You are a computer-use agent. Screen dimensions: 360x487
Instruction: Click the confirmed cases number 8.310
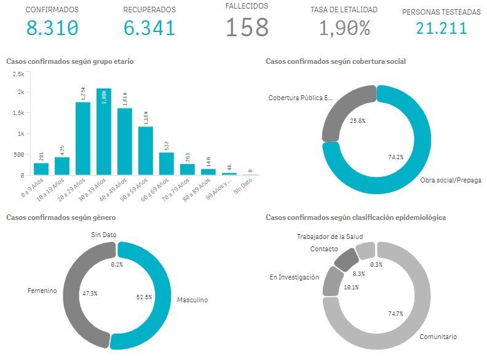point(52,28)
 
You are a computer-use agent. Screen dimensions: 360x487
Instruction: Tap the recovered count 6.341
point(149,28)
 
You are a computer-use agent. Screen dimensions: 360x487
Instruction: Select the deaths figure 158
point(247,28)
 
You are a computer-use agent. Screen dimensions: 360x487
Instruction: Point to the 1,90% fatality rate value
point(344,28)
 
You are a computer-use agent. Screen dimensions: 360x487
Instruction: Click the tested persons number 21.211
point(441,28)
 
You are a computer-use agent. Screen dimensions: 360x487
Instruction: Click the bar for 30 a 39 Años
point(104,131)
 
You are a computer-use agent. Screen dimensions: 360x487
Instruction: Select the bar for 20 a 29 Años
point(83,138)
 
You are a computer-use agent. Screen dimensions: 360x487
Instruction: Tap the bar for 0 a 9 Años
point(41,169)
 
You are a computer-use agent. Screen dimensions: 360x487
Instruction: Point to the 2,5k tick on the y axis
point(17,74)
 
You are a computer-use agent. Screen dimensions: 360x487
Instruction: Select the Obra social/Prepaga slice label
point(450,180)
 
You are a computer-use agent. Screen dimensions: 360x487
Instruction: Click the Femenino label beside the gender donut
point(42,291)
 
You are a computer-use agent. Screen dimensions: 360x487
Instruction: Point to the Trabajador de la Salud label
point(330,237)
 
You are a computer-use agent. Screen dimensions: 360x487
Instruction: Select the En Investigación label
point(294,277)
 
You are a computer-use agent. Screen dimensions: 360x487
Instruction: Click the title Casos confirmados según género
point(61,217)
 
